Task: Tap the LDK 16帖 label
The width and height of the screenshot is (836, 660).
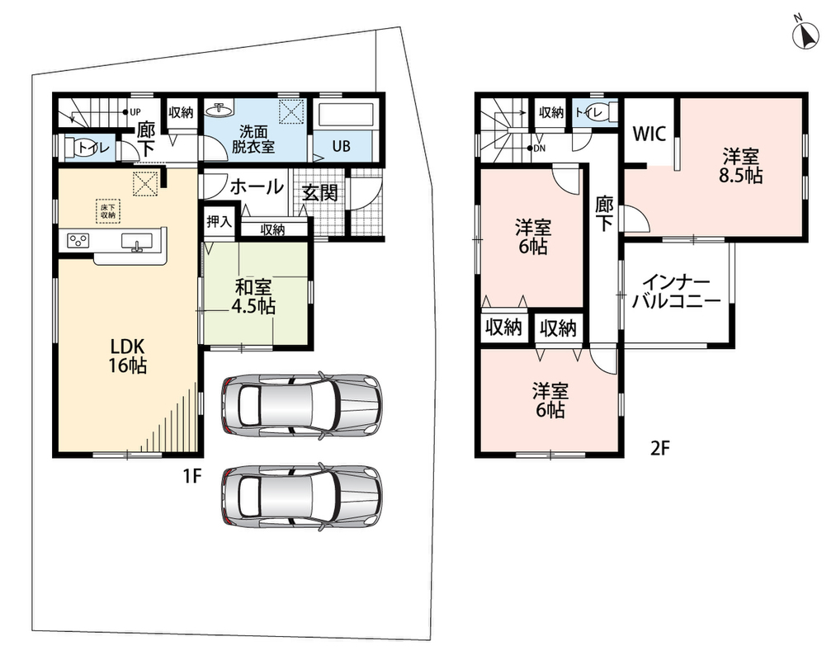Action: point(128,356)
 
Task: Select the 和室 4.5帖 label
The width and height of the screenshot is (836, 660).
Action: point(253,296)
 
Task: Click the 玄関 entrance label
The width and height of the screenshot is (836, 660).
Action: point(320,192)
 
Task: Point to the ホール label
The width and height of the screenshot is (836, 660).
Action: point(257,187)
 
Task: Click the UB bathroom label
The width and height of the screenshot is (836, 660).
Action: point(341,145)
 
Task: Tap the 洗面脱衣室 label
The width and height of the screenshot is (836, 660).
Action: point(253,139)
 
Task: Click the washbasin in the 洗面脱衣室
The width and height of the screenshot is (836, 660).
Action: point(220,109)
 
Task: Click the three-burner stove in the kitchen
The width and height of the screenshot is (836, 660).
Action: point(78,240)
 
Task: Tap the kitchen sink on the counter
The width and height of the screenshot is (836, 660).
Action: point(137,242)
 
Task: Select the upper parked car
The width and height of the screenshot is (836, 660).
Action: point(302,406)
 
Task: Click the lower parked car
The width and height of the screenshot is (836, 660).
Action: point(302,497)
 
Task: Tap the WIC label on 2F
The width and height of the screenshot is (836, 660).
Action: point(649,134)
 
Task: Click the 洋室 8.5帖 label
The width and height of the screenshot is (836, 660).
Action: point(741,167)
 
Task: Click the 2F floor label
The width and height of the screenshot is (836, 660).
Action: point(659,448)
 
